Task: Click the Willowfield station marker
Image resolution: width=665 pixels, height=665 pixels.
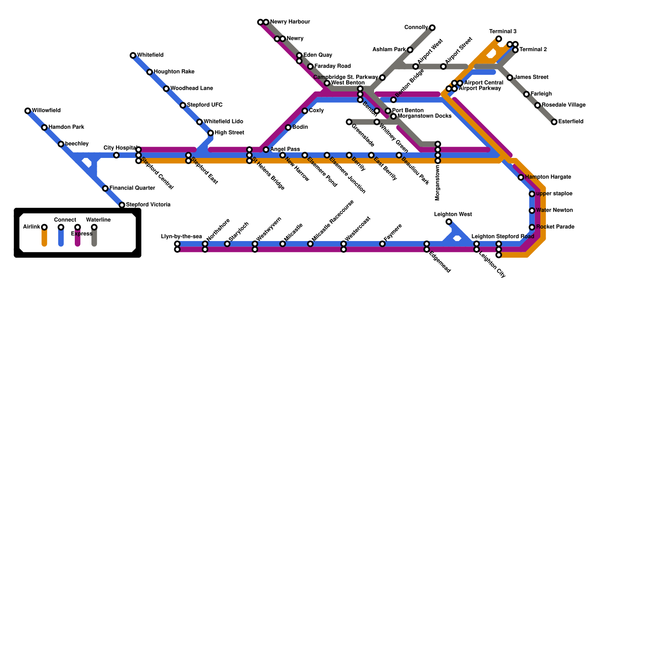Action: tap(28, 111)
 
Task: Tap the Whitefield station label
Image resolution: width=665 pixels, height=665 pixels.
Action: tap(150, 55)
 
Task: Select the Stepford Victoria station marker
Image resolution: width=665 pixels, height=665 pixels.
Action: tap(122, 205)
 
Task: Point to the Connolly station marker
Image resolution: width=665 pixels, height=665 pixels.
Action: tap(432, 28)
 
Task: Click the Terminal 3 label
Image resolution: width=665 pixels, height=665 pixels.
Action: tap(503, 32)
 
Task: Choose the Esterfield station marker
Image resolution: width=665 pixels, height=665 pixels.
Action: tap(554, 122)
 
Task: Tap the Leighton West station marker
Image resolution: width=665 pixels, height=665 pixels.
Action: tap(449, 222)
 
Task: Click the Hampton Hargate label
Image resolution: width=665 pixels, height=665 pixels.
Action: tap(548, 177)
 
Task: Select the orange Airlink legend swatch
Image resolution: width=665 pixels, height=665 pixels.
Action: tap(44, 238)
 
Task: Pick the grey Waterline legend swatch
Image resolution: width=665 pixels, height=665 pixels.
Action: tap(94, 238)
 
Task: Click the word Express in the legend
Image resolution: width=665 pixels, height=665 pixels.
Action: tap(81, 234)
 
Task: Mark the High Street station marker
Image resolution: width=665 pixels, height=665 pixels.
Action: tap(211, 133)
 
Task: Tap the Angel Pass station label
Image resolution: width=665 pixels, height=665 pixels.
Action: tap(285, 150)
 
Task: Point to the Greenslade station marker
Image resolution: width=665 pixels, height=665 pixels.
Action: tap(349, 122)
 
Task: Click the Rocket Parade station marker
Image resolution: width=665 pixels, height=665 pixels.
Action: tap(532, 227)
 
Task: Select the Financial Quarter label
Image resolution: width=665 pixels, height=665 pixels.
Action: tap(132, 189)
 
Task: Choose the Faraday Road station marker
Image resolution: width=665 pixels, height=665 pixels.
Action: tap(310, 66)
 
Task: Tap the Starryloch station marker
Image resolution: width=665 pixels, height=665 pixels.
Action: tap(227, 244)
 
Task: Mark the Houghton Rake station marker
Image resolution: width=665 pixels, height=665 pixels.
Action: tap(150, 72)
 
